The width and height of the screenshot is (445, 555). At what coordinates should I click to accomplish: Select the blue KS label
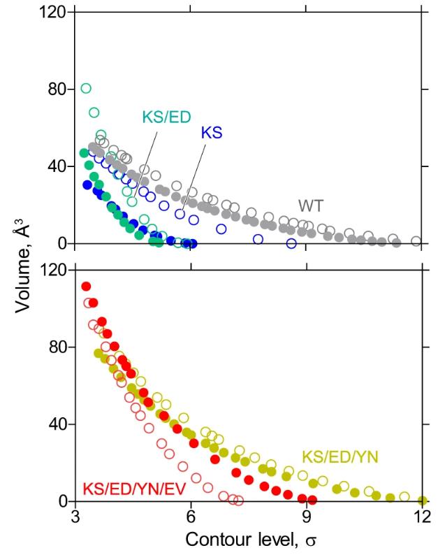[211, 134]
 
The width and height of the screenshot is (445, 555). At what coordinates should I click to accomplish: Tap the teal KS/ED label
[168, 118]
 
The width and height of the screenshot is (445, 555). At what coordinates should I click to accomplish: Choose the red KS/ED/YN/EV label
[133, 489]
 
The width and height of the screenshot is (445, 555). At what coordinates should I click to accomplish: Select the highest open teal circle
[86, 88]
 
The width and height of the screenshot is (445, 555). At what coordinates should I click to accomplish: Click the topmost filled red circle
[86, 287]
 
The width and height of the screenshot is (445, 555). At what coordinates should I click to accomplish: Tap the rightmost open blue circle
[291, 243]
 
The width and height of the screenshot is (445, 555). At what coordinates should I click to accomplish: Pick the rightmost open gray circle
[416, 241]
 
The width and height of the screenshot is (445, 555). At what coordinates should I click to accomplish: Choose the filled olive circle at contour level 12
[422, 500]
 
